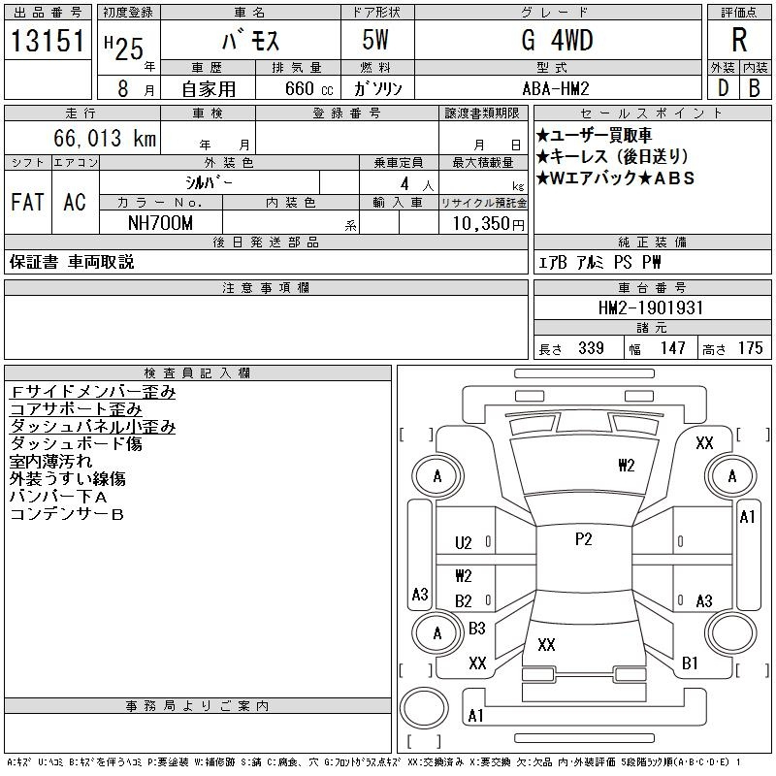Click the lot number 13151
point(48,41)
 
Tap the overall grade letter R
point(739,40)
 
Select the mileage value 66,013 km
point(105,138)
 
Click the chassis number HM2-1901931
point(651,307)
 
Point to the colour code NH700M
point(160,223)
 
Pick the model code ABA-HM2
point(556,88)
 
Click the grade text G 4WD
point(557,40)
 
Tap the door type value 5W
point(375,40)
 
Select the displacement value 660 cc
point(308,88)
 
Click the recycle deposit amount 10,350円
point(488,224)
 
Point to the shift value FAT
point(28,202)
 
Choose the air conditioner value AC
point(75,202)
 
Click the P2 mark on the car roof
point(584,539)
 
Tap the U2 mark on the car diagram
point(464,543)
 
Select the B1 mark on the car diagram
point(690,663)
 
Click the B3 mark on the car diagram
point(477,629)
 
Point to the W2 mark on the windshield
point(626,466)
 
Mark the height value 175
point(750,348)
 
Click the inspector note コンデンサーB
point(67,514)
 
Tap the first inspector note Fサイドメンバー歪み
point(93,392)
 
